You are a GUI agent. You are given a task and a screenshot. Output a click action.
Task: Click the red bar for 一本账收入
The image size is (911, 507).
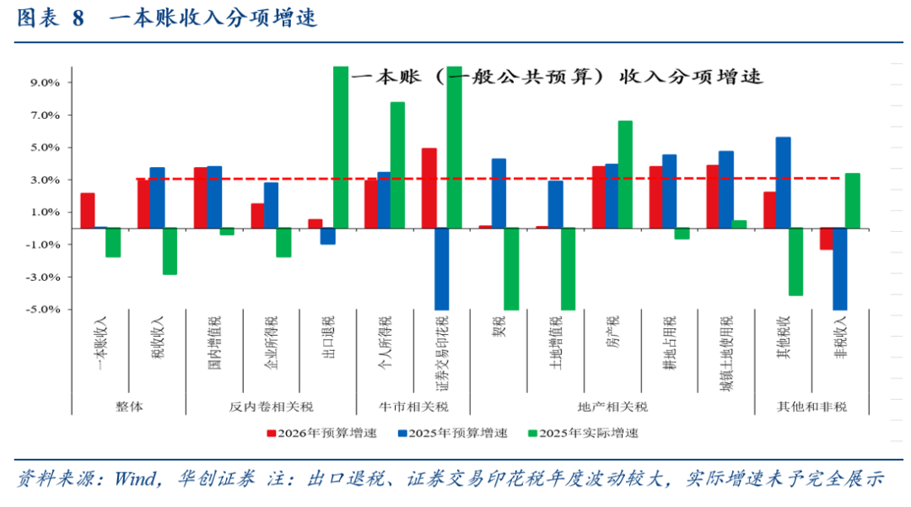click(87, 210)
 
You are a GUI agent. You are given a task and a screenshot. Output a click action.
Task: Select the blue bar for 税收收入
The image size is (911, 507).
click(157, 197)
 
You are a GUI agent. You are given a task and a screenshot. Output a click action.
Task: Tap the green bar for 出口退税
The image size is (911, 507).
click(341, 147)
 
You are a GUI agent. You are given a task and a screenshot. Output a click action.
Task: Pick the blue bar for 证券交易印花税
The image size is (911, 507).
click(442, 268)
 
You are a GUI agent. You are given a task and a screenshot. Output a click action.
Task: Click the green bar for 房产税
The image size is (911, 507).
click(625, 174)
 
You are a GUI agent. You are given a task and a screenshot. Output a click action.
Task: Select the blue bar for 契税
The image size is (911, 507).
click(499, 192)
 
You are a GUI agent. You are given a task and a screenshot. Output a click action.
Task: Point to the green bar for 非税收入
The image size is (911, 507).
click(852, 200)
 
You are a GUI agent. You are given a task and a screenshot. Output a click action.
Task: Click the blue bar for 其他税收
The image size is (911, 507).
click(783, 182)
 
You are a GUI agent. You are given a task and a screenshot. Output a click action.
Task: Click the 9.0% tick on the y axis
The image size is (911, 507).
click(46, 83)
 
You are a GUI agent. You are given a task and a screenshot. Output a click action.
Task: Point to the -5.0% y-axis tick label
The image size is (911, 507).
click(44, 310)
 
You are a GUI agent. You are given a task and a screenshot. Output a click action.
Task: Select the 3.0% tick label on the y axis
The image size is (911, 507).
click(46, 180)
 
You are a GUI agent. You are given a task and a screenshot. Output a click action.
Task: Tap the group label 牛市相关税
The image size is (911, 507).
click(413, 407)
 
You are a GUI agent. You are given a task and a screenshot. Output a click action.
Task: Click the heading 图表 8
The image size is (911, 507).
click(51, 19)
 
